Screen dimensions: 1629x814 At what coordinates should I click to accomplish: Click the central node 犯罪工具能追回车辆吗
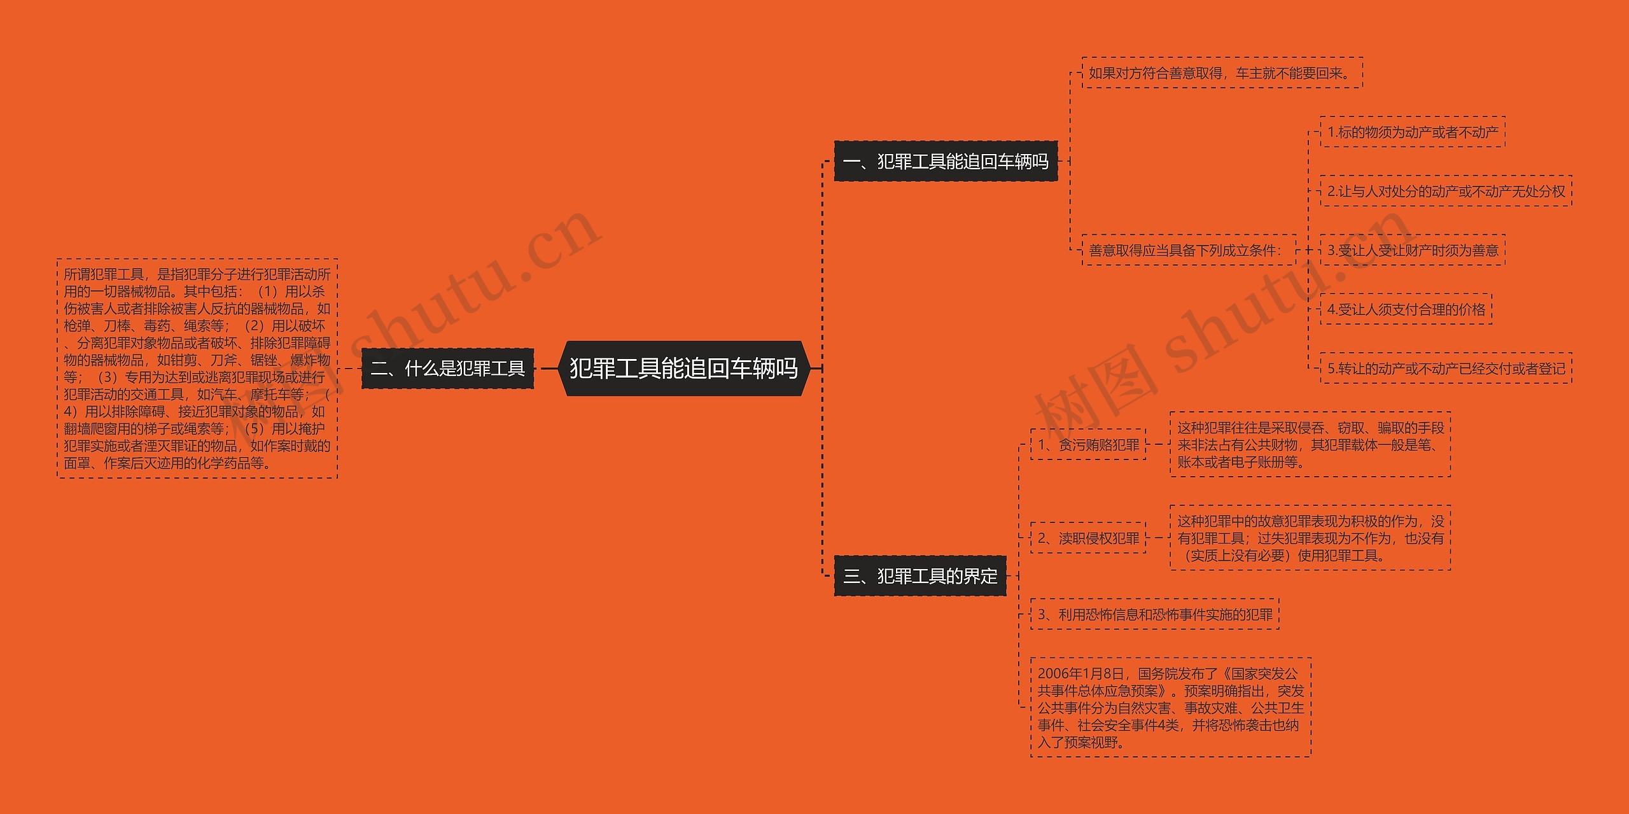coord(683,368)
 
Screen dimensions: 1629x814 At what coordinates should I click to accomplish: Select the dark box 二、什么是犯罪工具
coord(447,368)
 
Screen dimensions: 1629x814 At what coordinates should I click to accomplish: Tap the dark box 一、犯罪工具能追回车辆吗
coord(946,162)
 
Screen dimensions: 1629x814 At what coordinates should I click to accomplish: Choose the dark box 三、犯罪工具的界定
coord(920,576)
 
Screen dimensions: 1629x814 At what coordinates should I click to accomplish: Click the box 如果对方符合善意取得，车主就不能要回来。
coord(1222,73)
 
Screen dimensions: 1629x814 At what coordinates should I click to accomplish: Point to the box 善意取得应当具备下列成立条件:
coord(1189,250)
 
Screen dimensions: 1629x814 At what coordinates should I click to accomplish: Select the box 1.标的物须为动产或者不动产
coord(1412,132)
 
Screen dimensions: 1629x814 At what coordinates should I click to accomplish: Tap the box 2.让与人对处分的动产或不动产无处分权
coord(1446,191)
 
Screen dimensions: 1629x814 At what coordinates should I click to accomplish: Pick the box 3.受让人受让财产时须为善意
coord(1412,250)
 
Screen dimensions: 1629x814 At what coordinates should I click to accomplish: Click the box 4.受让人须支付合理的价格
coord(1406,309)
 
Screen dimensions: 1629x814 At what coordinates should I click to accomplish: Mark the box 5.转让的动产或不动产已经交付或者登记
coord(1446,368)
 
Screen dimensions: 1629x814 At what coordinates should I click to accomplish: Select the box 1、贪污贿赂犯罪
coord(1088,445)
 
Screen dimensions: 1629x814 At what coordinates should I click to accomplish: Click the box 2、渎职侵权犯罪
coord(1088,538)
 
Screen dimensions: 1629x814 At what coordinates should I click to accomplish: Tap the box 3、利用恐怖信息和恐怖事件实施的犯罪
coord(1154,614)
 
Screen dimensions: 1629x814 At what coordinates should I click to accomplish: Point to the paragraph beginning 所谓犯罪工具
coord(197,368)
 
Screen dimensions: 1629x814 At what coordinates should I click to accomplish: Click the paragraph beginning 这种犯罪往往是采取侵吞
coord(1310,445)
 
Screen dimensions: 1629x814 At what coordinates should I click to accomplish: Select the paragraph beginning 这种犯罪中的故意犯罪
coord(1310,538)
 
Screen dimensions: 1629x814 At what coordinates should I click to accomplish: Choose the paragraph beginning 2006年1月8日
coord(1171,708)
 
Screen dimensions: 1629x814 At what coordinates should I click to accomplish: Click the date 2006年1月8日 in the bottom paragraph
coord(1080,674)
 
